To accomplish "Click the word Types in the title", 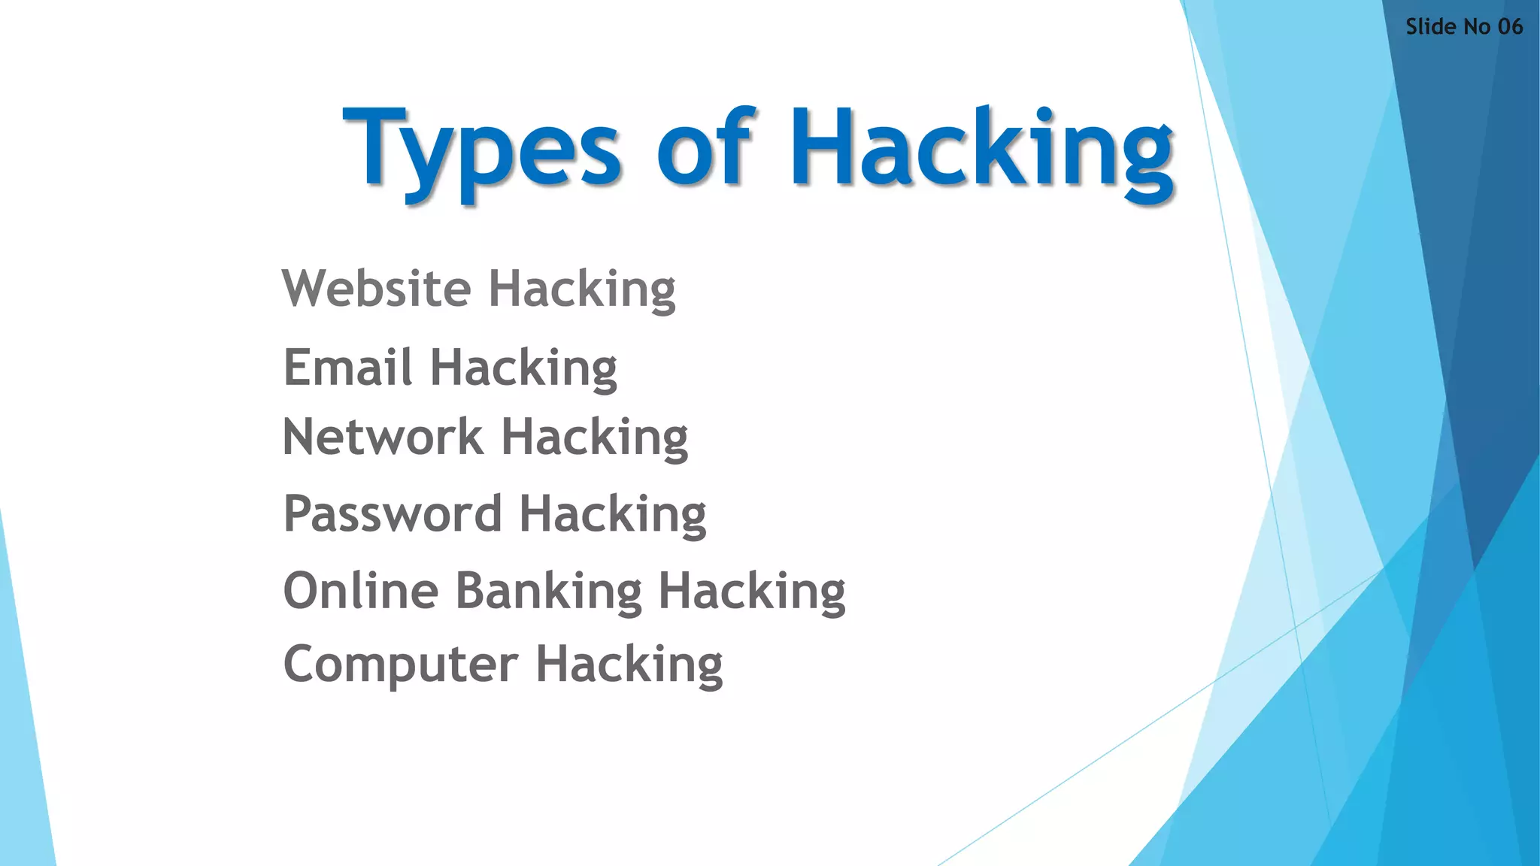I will (481, 150).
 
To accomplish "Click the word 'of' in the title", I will (705, 147).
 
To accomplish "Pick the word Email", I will (347, 368).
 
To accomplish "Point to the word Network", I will (383, 437).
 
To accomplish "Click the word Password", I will (392, 514).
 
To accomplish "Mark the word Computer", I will (401, 665).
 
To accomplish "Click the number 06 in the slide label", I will (1510, 27).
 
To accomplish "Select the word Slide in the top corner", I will (1431, 27).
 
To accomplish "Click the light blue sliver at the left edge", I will (23, 752).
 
